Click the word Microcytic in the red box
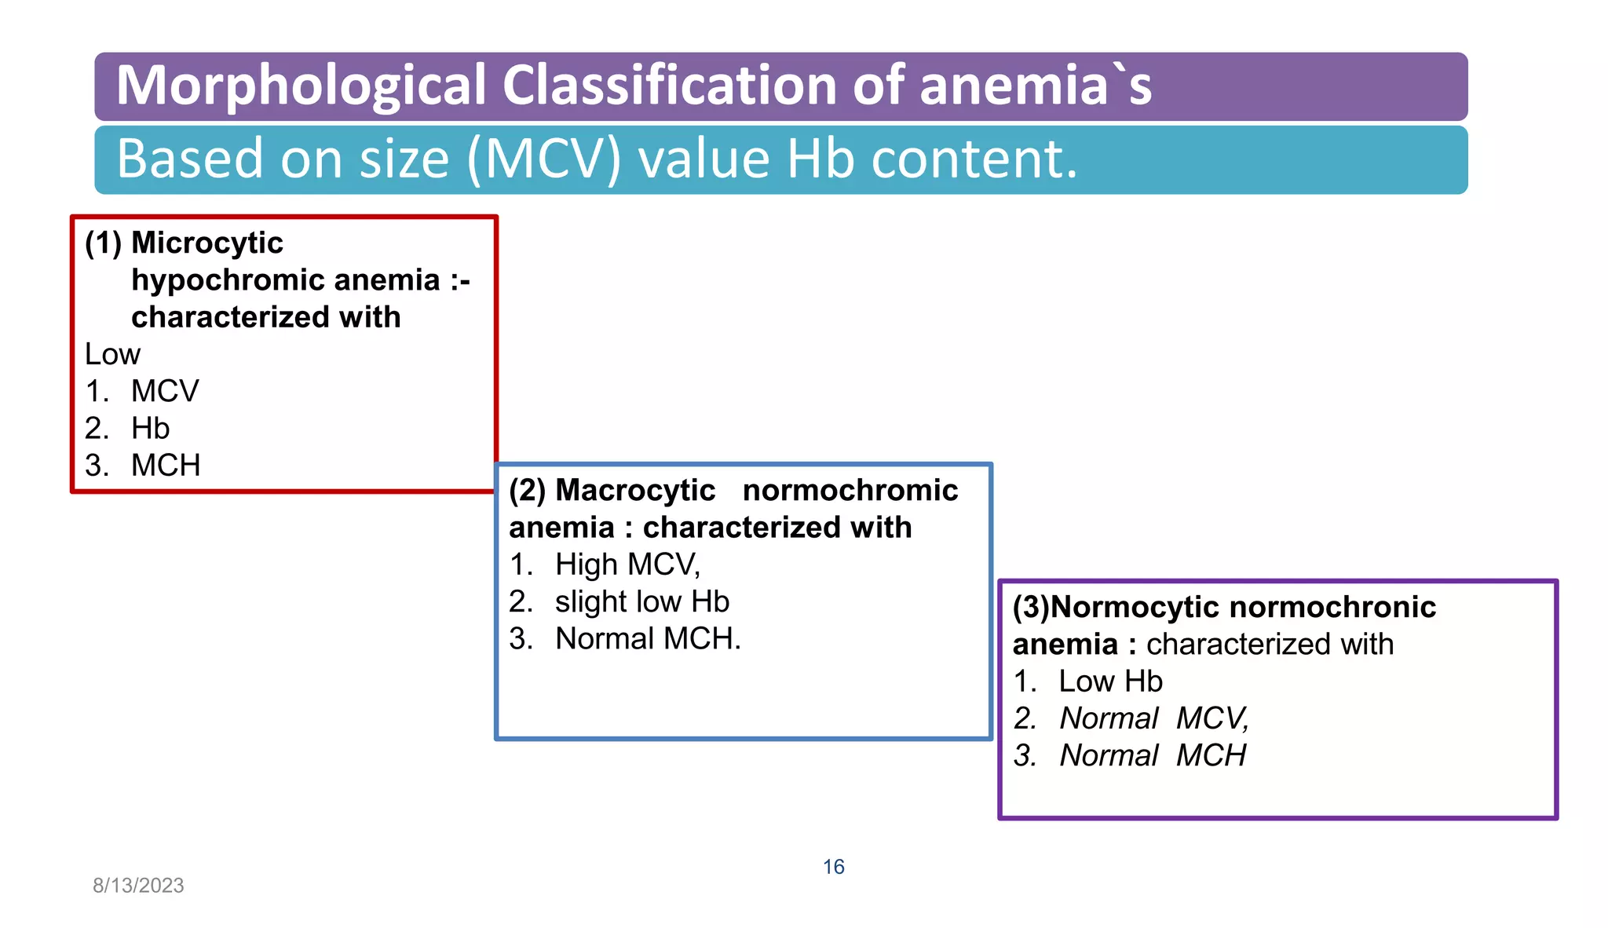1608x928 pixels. click(x=207, y=243)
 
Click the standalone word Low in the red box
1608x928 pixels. click(x=112, y=355)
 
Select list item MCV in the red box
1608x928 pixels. click(x=165, y=392)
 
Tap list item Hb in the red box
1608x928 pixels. click(x=150, y=429)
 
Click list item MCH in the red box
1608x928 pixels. click(x=166, y=466)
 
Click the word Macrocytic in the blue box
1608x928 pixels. click(x=635, y=491)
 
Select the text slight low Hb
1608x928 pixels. click(x=641, y=602)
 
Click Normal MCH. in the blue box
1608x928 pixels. click(x=648, y=639)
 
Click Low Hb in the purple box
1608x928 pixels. click(x=1110, y=681)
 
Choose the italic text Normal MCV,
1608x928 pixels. click(x=1153, y=718)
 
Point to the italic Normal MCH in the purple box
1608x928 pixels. click(x=1153, y=755)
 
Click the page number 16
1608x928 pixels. click(x=833, y=867)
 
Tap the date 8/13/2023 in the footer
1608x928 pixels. click(x=138, y=886)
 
